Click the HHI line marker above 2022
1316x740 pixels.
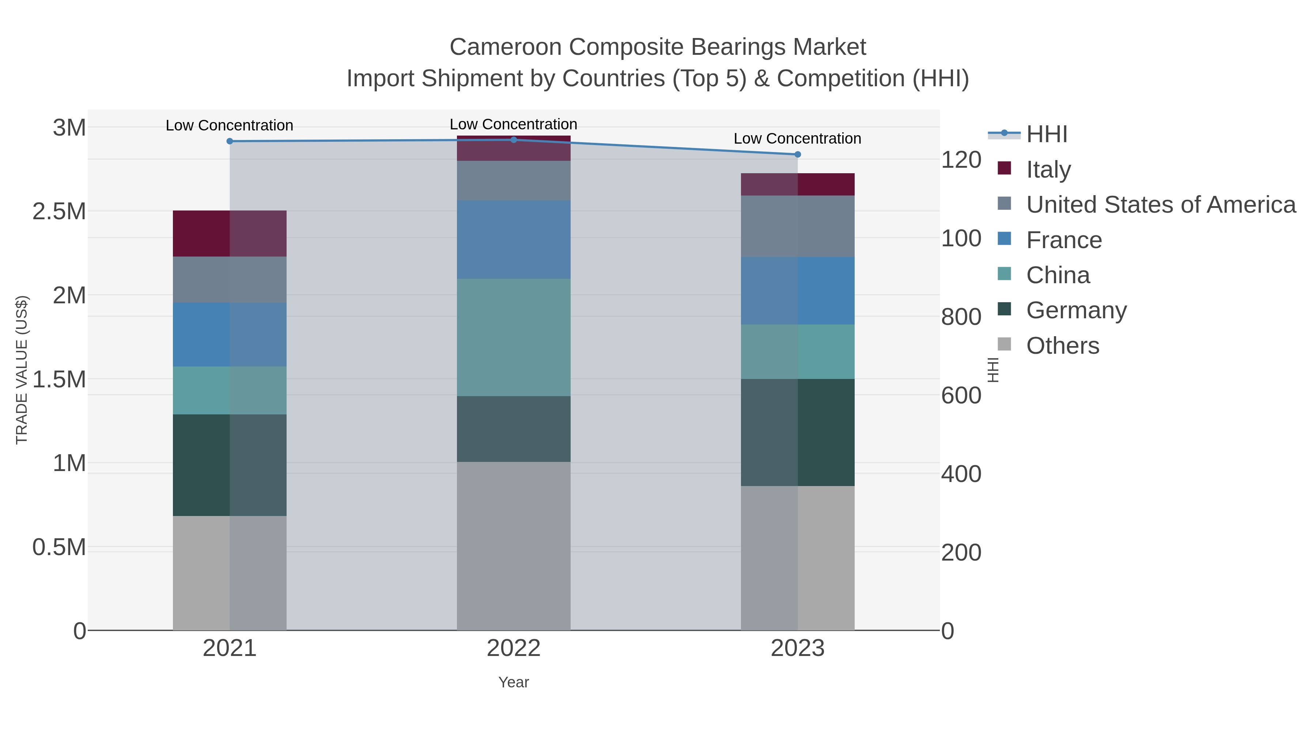click(x=514, y=140)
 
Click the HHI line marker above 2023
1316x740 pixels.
click(x=798, y=154)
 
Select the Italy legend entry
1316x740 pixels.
click(x=1048, y=170)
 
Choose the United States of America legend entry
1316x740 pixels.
click(x=1161, y=205)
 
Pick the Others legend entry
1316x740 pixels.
click(x=1063, y=346)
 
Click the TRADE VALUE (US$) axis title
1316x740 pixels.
click(x=22, y=370)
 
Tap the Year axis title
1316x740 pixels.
click(x=514, y=682)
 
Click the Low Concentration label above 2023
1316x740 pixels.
click(x=798, y=138)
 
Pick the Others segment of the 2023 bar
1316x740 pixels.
click(x=798, y=558)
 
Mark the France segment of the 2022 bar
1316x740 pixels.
click(x=514, y=239)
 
